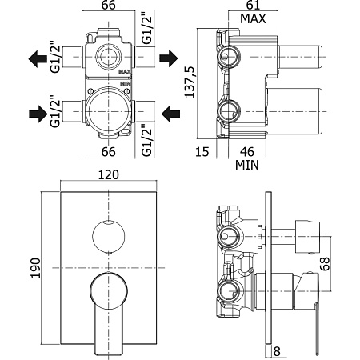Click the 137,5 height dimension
coord(190,82)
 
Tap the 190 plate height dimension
coord(35,268)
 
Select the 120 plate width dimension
coord(109,174)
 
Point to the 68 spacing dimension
coord(325,264)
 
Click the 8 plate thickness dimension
coord(277,351)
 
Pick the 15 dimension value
coord(202,152)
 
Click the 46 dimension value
coord(247,152)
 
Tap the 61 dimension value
coord(253,6)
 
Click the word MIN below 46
coord(247,165)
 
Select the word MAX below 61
coord(253,18)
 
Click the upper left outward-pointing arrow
coord(38,59)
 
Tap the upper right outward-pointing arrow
coord(169,58)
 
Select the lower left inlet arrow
coord(38,114)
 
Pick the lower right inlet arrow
coord(171,114)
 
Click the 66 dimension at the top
coord(109,6)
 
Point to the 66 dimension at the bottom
coord(109,152)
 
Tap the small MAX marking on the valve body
coord(125,72)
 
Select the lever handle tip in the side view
coord(317,353)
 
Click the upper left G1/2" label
coord(56,57)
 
